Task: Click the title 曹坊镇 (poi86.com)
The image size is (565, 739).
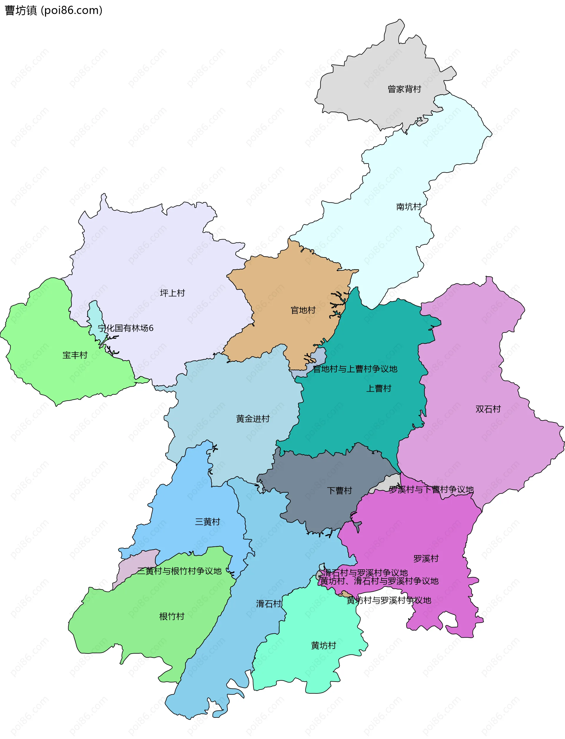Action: point(54,10)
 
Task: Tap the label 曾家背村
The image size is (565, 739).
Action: point(404,89)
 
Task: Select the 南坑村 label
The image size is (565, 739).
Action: point(409,207)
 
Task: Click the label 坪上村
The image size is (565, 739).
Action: point(172,293)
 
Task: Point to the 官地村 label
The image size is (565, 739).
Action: point(303,310)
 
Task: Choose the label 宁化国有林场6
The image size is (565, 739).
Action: point(125,328)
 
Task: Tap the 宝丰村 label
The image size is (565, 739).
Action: point(75,355)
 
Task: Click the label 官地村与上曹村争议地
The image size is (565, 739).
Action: point(355,369)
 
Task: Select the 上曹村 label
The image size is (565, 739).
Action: point(379,388)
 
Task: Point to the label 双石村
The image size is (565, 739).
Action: point(488,409)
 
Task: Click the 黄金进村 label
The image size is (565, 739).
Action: point(253,419)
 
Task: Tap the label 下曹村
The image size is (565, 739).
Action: point(340,491)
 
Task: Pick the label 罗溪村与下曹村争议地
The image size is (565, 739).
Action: point(431,490)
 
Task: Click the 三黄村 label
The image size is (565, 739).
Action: point(207,522)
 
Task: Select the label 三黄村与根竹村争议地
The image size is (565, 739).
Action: point(179,571)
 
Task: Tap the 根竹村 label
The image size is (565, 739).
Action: point(172,616)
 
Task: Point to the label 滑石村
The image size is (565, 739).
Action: point(269,604)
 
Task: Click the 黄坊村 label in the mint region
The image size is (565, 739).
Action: point(323,645)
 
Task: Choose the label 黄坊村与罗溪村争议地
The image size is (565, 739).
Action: point(389,600)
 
